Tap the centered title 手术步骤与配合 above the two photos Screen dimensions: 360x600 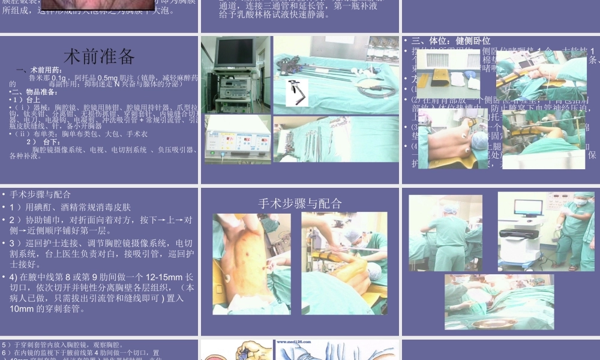(x=300, y=203)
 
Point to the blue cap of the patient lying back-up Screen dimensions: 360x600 (x=480, y=140)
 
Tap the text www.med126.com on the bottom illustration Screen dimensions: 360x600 (x=298, y=344)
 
